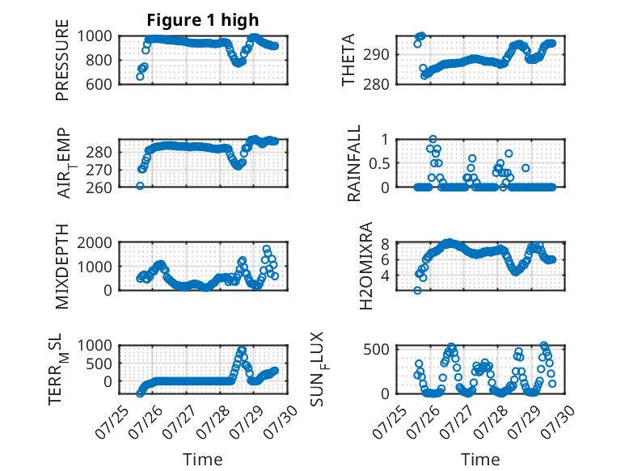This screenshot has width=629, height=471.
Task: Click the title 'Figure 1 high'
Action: (203, 20)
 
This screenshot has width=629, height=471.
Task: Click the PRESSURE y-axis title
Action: (62, 60)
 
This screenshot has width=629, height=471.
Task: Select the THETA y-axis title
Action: (348, 60)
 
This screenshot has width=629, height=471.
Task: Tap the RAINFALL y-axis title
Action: (354, 162)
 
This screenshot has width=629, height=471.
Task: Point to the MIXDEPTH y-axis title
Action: (62, 267)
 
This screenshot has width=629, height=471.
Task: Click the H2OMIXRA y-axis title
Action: (366, 266)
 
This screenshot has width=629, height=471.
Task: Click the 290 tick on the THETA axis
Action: (376, 54)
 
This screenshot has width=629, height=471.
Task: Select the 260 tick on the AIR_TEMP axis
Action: (99, 187)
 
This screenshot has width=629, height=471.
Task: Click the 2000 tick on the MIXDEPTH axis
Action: (95, 242)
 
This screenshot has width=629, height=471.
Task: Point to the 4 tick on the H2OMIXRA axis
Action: (385, 275)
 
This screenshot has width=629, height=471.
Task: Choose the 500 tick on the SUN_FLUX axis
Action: (376, 349)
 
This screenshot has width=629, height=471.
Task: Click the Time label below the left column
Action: (203, 459)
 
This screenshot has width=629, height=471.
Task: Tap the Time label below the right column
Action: (480, 459)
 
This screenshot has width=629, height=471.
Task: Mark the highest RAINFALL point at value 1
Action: (433, 140)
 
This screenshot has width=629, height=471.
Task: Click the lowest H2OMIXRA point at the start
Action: (418, 290)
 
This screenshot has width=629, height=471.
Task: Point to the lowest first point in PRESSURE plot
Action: (140, 77)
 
